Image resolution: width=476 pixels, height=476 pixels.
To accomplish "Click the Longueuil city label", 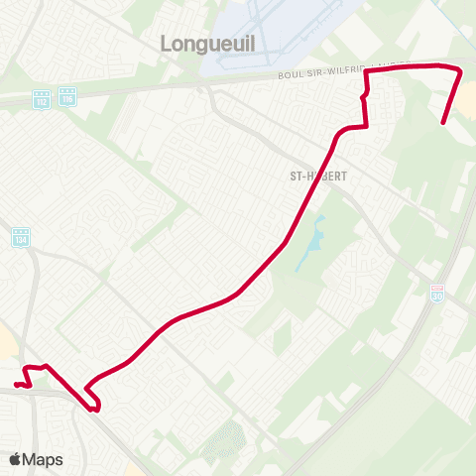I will pos(204,43).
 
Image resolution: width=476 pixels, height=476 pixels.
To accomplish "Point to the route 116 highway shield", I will pos(66,98).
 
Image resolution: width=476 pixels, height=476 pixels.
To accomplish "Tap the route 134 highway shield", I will pos(22,239).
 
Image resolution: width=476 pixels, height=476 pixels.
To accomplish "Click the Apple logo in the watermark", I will pos(15,459).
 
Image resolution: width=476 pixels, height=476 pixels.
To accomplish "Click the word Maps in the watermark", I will pos(43,459).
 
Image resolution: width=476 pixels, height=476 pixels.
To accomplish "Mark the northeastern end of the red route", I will pos(442,123).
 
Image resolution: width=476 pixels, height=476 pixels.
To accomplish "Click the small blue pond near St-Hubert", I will pos(315,239).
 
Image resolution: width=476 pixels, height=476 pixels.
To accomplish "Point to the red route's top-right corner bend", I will pos(459,69).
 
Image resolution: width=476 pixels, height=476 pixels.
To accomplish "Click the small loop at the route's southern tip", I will pos(93,403).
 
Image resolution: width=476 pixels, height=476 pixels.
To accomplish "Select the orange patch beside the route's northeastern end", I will pos(468,97).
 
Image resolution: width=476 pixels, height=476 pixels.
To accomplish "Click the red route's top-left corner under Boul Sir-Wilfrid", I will pos(368,72).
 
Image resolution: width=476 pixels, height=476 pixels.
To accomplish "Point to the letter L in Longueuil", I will pos(166,43).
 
